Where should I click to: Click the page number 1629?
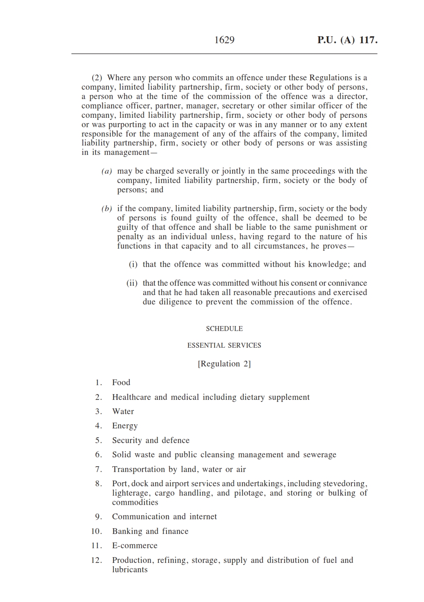point(224,40)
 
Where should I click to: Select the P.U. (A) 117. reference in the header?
point(347,40)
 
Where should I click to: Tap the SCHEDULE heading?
point(224,329)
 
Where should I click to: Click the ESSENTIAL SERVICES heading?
point(224,345)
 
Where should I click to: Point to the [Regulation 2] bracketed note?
point(224,364)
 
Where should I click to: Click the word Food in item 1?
point(121,382)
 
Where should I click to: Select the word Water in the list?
point(123,411)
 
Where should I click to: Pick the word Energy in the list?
point(125,426)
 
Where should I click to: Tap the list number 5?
point(98,440)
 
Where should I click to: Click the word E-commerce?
point(135,545)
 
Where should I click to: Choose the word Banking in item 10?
point(127,531)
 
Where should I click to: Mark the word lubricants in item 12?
point(130,569)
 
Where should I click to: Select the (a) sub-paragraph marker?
point(107,171)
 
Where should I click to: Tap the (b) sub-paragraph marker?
point(107,209)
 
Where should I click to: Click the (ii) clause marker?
point(132,283)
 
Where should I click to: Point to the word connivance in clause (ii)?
point(347,283)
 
